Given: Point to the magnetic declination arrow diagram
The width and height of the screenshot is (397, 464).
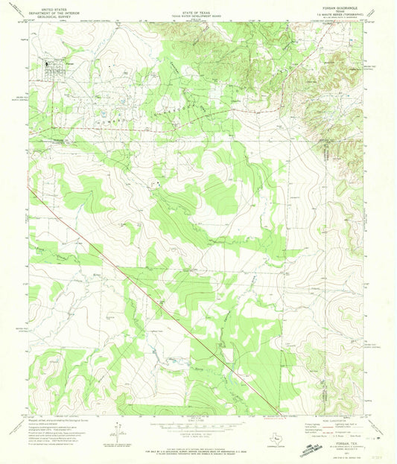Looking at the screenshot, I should click(x=118, y=430).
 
